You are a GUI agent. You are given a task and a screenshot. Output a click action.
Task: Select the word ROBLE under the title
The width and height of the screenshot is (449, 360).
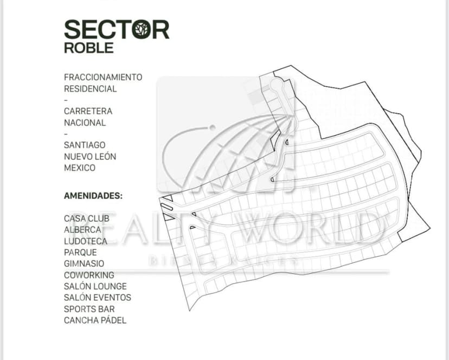89,47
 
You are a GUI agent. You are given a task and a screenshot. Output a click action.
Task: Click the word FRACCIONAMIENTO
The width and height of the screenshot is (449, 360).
103,77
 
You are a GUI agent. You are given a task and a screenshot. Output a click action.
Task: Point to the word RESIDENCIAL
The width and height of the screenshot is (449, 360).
90,88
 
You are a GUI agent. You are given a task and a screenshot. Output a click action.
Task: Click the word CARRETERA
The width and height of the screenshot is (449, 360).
88,111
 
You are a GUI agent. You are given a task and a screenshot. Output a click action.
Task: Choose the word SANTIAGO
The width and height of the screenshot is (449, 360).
85,145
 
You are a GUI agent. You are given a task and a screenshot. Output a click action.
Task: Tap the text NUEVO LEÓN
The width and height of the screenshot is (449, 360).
90,157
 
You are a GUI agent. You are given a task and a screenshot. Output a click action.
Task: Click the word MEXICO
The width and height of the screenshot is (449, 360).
80,168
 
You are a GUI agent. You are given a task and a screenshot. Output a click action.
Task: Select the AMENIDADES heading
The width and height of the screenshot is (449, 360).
93,196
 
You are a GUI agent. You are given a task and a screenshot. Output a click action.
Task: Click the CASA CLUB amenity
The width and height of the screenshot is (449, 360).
86,218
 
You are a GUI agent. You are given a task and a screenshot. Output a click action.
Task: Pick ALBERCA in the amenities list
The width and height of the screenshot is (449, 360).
82,230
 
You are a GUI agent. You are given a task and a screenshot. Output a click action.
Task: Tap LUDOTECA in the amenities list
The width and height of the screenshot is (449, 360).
85,241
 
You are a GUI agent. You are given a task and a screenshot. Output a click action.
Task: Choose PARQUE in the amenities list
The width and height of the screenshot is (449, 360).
80,253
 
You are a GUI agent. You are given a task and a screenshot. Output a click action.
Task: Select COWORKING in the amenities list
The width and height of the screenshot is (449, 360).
89,275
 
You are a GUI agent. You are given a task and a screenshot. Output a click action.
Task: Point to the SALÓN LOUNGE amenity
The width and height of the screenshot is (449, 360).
95,286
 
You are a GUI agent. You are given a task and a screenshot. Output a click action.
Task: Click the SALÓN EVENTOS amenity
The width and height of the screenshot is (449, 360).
97,298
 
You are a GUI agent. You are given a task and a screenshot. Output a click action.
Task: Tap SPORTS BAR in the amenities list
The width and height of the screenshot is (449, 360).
89,309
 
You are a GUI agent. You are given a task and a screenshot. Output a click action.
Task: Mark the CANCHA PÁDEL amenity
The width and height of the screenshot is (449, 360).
95,320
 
